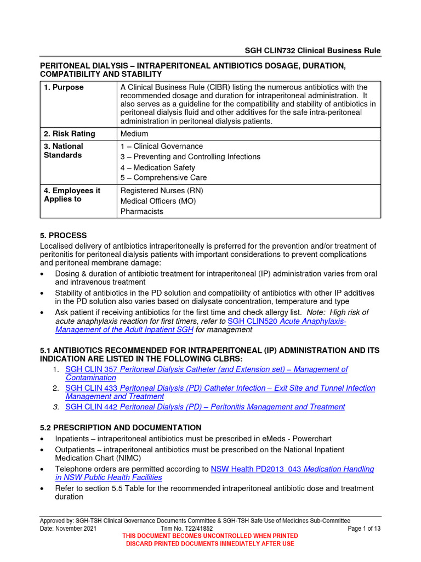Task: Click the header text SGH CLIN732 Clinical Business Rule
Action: pos(312,50)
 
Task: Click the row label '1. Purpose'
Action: pos(64,87)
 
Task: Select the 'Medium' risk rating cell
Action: pos(134,133)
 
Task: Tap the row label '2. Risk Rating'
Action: pos(69,133)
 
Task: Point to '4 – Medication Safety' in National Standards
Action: pos(157,167)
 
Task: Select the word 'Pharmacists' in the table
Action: pos(141,211)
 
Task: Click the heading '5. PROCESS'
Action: pos(63,235)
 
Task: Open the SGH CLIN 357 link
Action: pos(206,369)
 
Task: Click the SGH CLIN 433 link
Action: pos(220,388)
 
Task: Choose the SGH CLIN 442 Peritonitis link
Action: pos(205,407)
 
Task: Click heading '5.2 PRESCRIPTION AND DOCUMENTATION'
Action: pos(121,428)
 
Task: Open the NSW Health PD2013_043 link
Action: pos(292,469)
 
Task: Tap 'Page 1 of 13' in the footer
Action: pos(365,528)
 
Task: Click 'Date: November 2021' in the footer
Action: pos(68,528)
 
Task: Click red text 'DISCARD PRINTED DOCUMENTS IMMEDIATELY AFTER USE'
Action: pos(210,543)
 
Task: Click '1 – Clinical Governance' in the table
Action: pos(161,147)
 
